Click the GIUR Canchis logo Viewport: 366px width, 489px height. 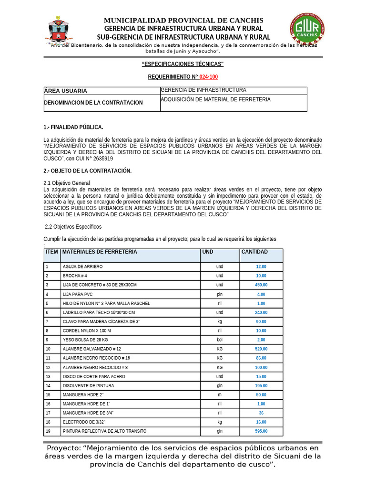(307, 29)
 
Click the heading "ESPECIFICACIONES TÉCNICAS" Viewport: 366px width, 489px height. (183, 64)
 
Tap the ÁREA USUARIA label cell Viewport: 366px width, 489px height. (102, 91)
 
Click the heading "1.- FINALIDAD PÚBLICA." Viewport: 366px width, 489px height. (73, 127)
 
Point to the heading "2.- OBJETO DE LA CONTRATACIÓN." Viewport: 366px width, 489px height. (87, 171)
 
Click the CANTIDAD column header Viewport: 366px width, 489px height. (254, 252)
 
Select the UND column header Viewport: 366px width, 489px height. (208, 252)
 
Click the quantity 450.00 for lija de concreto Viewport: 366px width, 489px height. (261, 285)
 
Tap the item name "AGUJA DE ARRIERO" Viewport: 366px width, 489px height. (82, 267)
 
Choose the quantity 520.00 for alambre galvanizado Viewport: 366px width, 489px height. (261, 349)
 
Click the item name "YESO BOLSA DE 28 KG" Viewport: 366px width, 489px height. (85, 340)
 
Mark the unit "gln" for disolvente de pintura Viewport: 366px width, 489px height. (220, 386)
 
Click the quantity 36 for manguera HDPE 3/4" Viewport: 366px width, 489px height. (261, 413)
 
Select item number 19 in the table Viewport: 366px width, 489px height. (48, 431)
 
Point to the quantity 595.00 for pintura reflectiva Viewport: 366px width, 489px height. (261, 431)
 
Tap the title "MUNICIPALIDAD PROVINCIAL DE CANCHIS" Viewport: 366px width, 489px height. (183, 20)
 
